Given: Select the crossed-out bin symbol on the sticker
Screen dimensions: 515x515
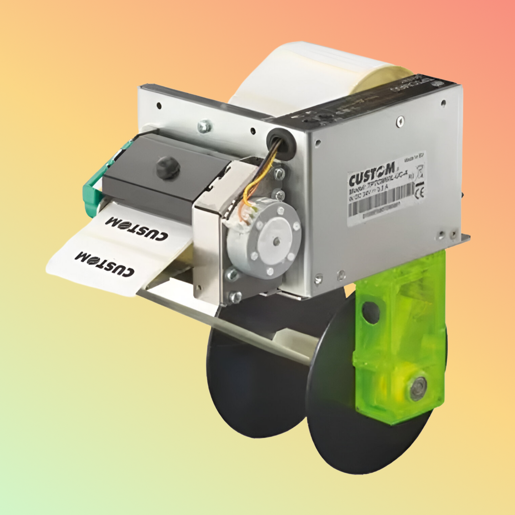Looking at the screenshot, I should (x=420, y=173).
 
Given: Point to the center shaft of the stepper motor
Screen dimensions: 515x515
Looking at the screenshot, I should (x=276, y=241).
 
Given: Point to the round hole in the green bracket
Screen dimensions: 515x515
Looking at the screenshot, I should (x=371, y=313).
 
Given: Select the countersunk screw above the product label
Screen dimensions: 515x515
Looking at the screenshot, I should (x=401, y=122).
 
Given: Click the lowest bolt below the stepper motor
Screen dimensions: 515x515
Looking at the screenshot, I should (x=235, y=296).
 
